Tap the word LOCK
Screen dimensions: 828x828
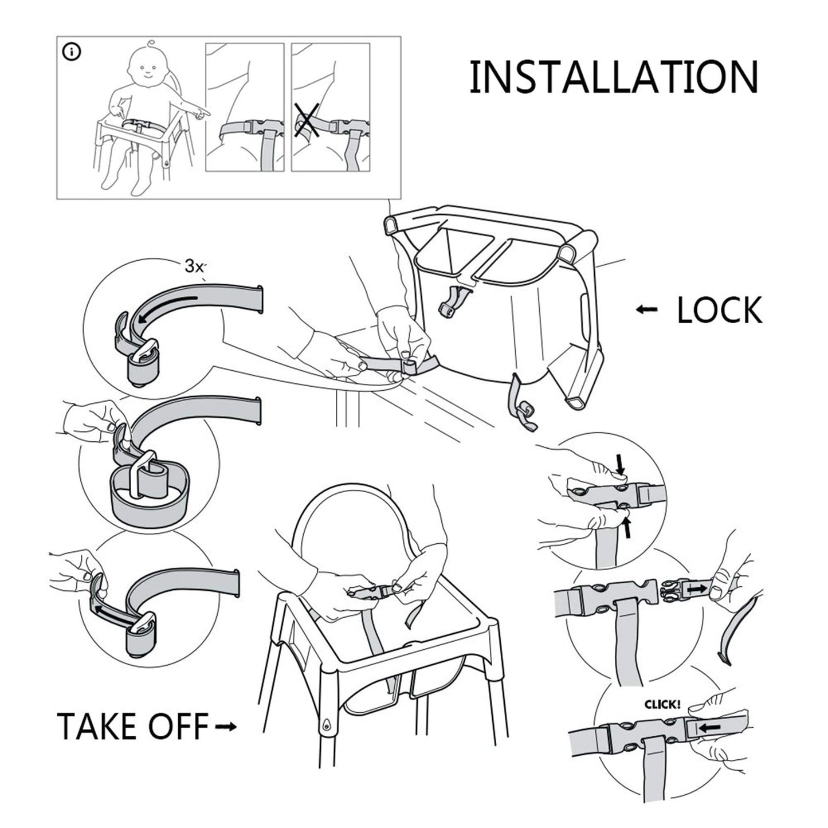719,311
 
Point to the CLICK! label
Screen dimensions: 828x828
662,704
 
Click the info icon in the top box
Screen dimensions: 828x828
72,52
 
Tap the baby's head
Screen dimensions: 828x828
146,68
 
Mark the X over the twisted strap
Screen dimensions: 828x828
307,121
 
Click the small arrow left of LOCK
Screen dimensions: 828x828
647,310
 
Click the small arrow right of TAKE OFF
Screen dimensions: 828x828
225,727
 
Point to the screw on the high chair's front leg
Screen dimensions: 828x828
326,724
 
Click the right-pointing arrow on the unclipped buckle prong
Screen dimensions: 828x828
697,588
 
